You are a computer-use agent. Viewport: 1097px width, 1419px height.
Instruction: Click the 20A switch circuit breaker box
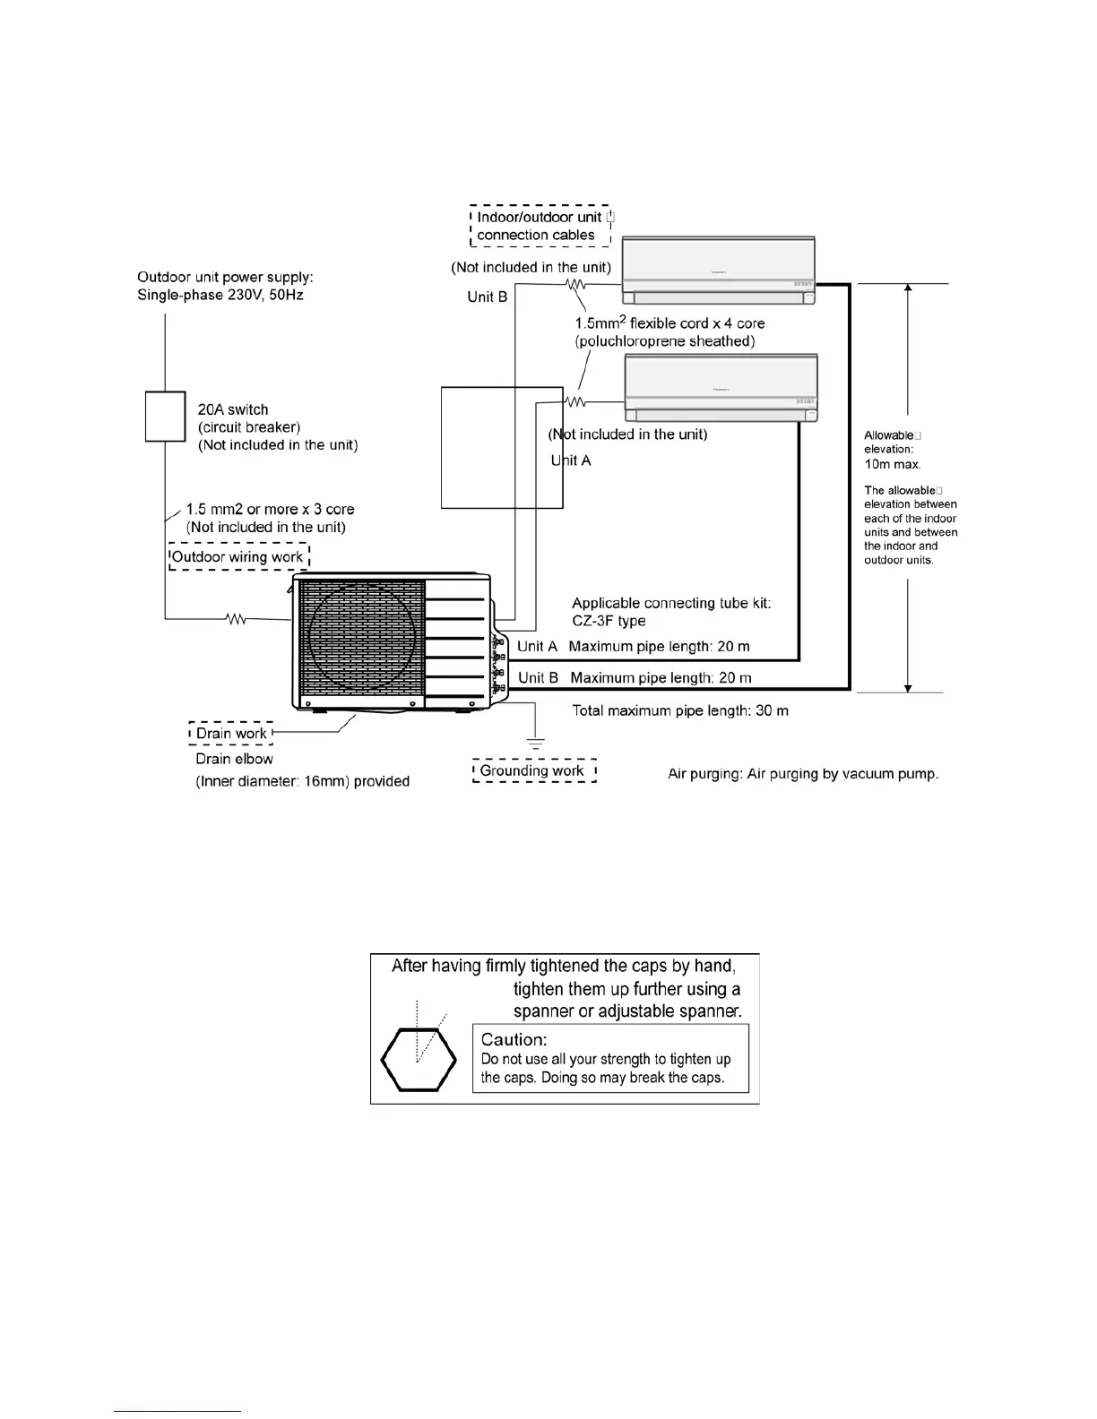(165, 417)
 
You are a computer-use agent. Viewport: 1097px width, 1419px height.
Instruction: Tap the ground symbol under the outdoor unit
(535, 743)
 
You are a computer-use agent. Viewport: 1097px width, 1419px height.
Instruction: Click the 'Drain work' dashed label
(231, 734)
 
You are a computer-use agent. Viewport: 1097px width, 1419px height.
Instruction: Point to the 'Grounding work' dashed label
(533, 770)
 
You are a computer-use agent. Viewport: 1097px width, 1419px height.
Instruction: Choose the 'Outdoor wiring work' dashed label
(238, 557)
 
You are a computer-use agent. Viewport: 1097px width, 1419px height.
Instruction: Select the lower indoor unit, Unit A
(721, 388)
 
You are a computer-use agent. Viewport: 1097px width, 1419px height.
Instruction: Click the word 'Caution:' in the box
(514, 1039)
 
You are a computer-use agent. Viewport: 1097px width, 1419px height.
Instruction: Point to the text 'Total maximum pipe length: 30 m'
(680, 710)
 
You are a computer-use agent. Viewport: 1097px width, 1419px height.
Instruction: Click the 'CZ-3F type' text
(609, 621)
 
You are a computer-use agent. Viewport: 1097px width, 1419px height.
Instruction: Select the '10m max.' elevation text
(893, 464)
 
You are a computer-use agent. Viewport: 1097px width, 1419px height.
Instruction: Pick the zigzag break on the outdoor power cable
(237, 618)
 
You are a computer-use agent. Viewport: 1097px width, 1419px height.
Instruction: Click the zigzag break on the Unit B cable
(574, 285)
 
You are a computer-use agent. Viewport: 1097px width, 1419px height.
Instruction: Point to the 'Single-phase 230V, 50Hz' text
(220, 296)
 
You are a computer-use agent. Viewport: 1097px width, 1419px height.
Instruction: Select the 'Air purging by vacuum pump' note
(803, 773)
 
